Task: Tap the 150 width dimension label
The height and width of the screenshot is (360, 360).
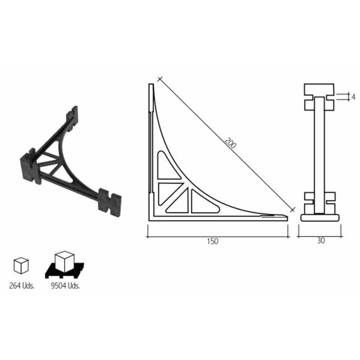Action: click(x=212, y=241)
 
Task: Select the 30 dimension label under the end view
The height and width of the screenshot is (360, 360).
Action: click(x=321, y=241)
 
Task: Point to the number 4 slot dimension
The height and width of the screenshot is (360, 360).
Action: click(x=353, y=96)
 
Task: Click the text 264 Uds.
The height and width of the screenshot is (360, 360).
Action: click(x=22, y=285)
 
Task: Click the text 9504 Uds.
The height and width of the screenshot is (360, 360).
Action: click(x=65, y=285)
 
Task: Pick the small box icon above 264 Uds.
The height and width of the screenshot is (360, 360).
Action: click(x=21, y=265)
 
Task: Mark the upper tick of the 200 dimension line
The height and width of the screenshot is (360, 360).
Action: click(x=160, y=79)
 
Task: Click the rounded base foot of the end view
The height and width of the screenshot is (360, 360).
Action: click(x=320, y=218)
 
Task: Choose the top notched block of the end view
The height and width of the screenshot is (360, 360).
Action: click(x=319, y=97)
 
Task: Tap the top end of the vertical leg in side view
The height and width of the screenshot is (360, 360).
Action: click(x=151, y=86)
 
